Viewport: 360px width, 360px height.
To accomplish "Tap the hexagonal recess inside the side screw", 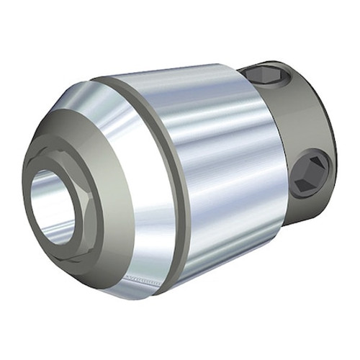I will click(310, 173).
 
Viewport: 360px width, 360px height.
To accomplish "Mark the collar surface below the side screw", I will click(302, 205).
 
